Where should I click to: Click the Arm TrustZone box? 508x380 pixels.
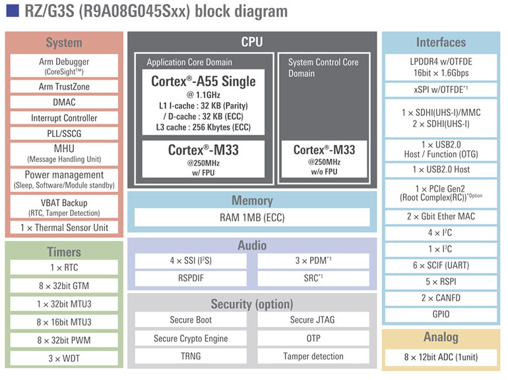tap(64, 86)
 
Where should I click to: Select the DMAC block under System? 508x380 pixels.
tap(64, 102)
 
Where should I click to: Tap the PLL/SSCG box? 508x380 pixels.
tap(64, 134)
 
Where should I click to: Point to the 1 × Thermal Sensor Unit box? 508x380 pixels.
tap(64, 228)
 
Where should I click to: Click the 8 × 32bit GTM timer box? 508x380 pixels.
tap(64, 286)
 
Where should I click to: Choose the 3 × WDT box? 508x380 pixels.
tap(64, 358)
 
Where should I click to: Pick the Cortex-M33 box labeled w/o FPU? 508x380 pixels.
tap(324, 159)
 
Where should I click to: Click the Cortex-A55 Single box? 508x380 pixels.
tap(203, 103)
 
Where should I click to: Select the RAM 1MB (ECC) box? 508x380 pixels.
tap(252, 217)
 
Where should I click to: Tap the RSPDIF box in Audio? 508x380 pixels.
tap(191, 278)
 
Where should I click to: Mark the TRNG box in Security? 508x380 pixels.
tap(191, 356)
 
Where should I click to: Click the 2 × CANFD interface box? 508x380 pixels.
tap(441, 298)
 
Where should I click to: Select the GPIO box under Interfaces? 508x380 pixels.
tap(441, 315)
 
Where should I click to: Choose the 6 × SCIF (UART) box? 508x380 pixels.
tap(441, 265)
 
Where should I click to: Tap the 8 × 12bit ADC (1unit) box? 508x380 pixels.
tap(441, 358)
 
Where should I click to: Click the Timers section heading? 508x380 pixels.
tap(64, 252)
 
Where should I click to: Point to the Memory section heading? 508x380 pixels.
tap(252, 200)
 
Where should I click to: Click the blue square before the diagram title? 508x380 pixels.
tap(12, 11)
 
